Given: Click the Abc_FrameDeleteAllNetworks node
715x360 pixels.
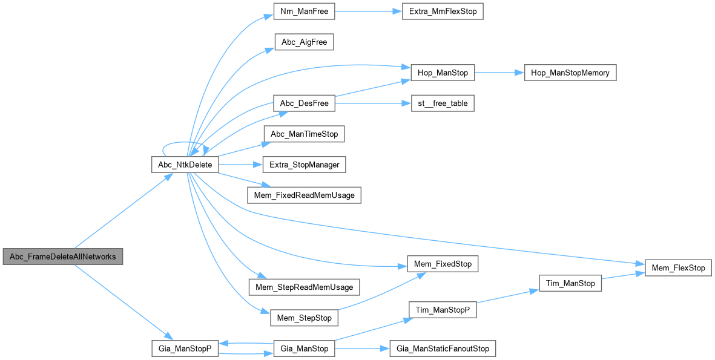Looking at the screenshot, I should click(62, 257).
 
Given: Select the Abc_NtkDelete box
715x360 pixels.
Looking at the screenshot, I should click(184, 165).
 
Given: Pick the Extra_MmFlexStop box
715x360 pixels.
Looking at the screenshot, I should click(443, 11).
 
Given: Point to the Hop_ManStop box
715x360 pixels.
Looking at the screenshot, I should click(443, 73).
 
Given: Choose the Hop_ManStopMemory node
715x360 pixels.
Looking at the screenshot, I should click(570, 73).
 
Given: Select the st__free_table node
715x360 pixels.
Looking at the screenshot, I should click(443, 103).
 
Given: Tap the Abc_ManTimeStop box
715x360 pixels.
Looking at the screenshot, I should click(304, 134).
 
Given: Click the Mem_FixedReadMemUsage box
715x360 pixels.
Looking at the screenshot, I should click(305, 195).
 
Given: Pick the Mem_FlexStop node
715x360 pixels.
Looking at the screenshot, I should click(678, 267).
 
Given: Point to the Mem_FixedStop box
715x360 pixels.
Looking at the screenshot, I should click(443, 264).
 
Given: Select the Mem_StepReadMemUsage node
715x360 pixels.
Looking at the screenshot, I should click(305, 287).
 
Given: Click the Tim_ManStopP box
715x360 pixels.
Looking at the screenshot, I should click(443, 310).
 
